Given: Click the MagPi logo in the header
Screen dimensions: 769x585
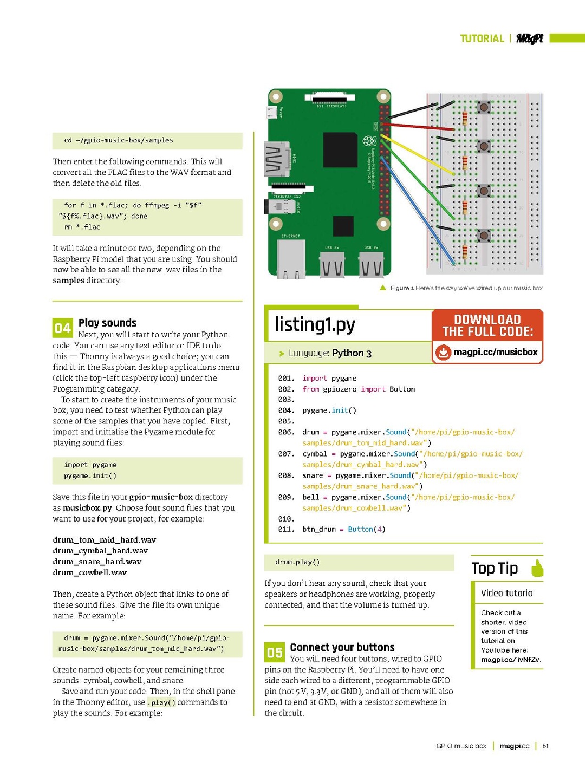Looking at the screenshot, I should click(529, 38).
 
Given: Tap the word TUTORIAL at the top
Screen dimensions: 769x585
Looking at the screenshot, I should click(482, 38).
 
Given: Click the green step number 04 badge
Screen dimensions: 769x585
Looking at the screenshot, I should click(62, 328).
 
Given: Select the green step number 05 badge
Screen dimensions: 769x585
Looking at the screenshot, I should click(274, 653).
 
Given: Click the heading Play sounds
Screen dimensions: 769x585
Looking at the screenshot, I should click(107, 323).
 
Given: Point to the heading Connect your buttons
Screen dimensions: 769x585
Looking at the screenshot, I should click(342, 647).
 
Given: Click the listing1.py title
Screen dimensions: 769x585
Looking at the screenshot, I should click(315, 324).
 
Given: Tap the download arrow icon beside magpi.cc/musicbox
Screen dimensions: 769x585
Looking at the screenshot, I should click(443, 353).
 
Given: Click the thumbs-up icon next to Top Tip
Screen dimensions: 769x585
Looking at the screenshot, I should click(537, 568).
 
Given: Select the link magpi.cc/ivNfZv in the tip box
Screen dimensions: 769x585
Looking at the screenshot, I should click(510, 660).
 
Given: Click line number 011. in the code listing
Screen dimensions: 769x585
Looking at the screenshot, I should click(286, 530).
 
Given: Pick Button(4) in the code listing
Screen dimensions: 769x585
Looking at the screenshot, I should click(366, 530).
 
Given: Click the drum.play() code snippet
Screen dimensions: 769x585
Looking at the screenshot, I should click(297, 562).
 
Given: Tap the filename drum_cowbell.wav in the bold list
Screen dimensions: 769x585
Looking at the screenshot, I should click(90, 572).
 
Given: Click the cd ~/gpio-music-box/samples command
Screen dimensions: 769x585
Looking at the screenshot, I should click(119, 140).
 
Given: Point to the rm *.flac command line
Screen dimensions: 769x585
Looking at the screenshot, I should click(82, 227).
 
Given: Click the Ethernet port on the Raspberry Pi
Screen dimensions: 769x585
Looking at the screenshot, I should click(291, 259).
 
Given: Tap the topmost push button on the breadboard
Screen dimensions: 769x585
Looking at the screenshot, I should click(484, 107).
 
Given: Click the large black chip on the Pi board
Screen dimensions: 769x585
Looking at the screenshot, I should click(340, 149).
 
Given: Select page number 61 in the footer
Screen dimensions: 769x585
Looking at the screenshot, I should click(545, 746).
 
